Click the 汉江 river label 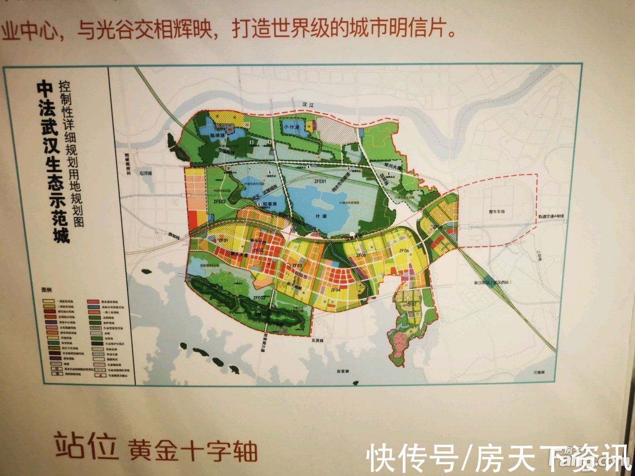(308, 105)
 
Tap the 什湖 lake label (322, 216)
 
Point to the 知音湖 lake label (270, 204)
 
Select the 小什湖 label (292, 127)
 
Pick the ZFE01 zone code (320, 181)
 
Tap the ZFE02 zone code (220, 201)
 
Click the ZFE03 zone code (259, 298)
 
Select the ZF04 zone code (335, 290)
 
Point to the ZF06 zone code (404, 251)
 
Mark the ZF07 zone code (411, 304)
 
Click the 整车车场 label (496, 212)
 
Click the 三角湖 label (538, 372)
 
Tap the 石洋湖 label (146, 173)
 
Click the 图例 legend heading (47, 289)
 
